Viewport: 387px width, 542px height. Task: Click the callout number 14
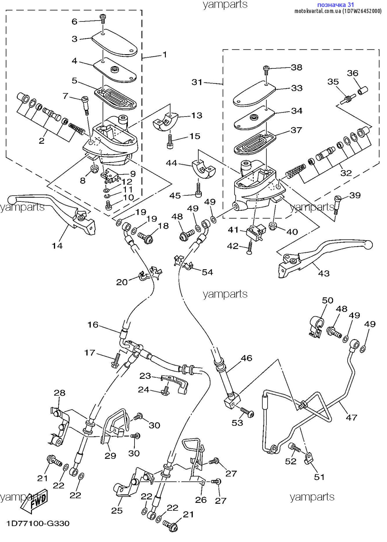(57, 246)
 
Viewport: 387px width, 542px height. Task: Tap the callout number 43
(324, 273)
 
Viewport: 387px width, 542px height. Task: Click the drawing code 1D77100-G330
(38, 523)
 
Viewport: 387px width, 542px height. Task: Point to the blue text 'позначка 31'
(336, 5)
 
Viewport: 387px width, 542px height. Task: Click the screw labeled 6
(103, 18)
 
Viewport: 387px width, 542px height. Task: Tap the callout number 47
(351, 418)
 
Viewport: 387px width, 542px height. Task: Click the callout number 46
(246, 358)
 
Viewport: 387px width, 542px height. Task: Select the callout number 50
(328, 300)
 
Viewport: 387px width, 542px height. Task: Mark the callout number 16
(93, 325)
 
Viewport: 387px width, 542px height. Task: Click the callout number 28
(60, 393)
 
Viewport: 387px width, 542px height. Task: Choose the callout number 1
(165, 55)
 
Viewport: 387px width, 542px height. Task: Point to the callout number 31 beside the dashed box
(197, 82)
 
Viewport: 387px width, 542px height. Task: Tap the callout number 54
(207, 272)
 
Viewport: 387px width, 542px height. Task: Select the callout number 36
(353, 73)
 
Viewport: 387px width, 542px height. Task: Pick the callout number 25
(117, 510)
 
